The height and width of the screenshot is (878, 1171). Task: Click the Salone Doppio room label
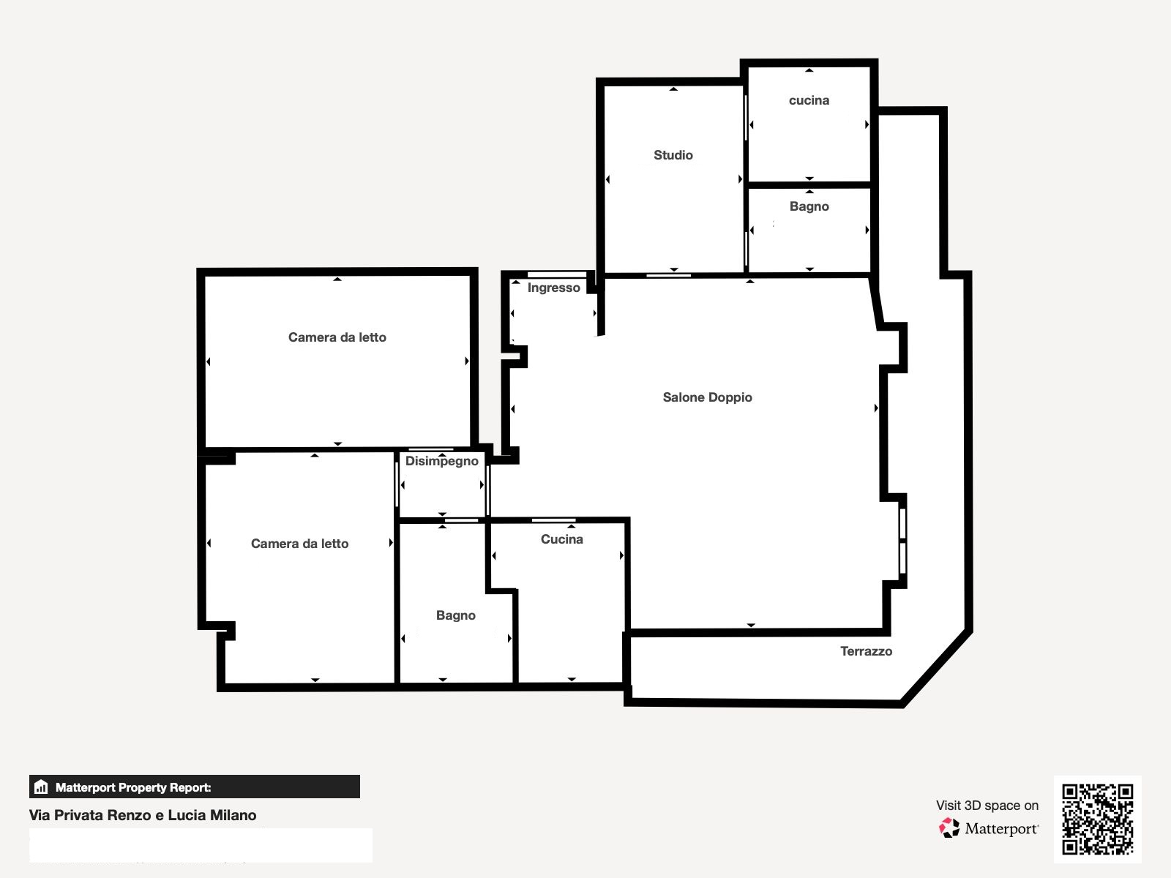[x=708, y=397]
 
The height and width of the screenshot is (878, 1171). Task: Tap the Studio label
[x=673, y=155]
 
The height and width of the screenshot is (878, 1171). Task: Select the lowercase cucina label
[x=809, y=100]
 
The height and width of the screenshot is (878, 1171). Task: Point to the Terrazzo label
[x=867, y=651]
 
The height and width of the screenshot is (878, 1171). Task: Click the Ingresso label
[x=554, y=288]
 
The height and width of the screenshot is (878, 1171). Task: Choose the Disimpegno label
[x=442, y=461]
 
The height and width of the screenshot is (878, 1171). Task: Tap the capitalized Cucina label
[x=562, y=539]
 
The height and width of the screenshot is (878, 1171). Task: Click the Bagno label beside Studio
[x=809, y=206]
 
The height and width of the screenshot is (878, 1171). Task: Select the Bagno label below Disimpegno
[x=456, y=615]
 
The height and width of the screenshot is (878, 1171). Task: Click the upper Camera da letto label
[x=337, y=337]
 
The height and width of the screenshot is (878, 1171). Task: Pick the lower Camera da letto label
[x=300, y=543]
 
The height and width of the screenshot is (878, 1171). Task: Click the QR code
[x=1097, y=819]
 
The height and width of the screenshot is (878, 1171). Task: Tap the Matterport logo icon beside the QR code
[x=949, y=828]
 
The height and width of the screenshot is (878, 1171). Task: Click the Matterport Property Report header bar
[x=195, y=787]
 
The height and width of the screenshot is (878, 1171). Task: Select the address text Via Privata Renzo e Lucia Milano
[x=143, y=815]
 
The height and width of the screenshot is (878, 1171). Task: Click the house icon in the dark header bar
[x=41, y=787]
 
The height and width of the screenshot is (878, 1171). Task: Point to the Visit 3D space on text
[x=987, y=806]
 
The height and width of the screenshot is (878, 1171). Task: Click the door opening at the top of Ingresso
[x=557, y=274]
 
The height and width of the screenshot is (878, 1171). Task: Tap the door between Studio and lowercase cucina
[x=745, y=118]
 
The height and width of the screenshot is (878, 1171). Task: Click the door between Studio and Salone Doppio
[x=668, y=276]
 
